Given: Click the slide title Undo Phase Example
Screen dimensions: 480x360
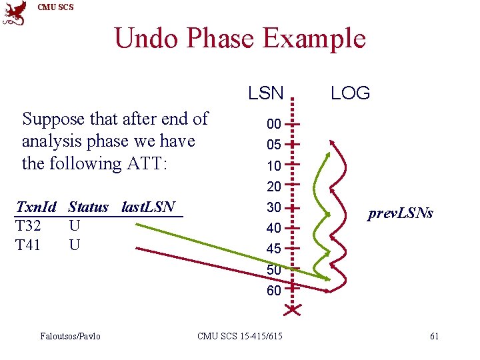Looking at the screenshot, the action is [x=240, y=38].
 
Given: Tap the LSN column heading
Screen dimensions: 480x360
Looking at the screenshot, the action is [x=266, y=93].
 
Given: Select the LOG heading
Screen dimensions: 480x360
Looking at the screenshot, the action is [x=350, y=93].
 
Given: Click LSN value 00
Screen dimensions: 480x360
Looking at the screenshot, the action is [x=273, y=124].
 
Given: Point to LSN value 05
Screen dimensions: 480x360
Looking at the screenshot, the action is [x=273, y=145].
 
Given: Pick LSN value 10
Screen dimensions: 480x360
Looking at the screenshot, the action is [x=273, y=165].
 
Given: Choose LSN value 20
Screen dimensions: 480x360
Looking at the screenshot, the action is [x=273, y=186].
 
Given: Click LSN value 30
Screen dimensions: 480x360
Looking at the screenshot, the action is [x=273, y=207].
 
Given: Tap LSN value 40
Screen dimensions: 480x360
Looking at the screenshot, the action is [x=273, y=228].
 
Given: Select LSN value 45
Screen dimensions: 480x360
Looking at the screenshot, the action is [x=273, y=249].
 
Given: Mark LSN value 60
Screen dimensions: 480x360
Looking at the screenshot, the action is [x=273, y=291].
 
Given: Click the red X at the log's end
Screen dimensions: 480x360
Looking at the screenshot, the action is [x=292, y=309].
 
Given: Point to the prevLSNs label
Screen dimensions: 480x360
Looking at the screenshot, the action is [x=401, y=213].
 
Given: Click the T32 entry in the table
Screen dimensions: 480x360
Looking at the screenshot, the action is [x=28, y=226].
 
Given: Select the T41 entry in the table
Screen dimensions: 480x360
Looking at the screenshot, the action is [x=28, y=245].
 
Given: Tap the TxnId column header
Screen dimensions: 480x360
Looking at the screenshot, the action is [x=36, y=207].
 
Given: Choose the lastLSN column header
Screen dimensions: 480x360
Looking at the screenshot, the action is [x=148, y=207].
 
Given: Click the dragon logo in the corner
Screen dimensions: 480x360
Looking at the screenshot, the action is [x=15, y=13].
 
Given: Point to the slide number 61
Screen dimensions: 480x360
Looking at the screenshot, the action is [x=434, y=336].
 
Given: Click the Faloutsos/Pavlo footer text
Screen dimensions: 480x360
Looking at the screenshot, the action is [x=70, y=336].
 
